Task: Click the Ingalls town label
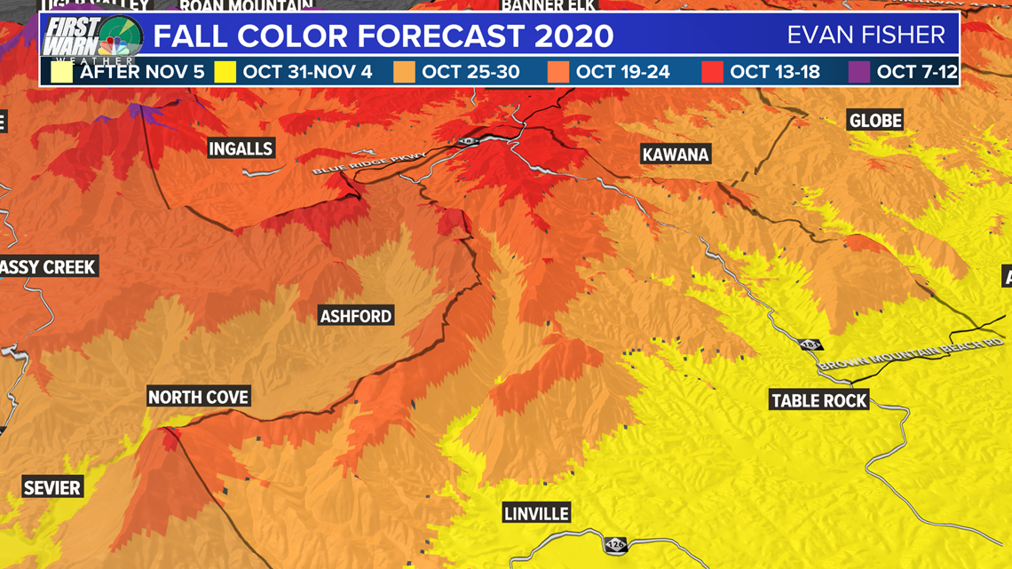click(x=241, y=148)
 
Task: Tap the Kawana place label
click(x=676, y=154)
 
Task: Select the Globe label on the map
click(x=875, y=121)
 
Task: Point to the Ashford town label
click(x=356, y=316)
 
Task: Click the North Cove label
click(x=198, y=397)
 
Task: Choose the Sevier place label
click(x=52, y=487)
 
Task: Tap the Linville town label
click(x=536, y=513)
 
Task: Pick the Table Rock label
click(x=818, y=400)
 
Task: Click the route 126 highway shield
click(x=614, y=544)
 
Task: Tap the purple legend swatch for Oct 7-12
click(x=859, y=72)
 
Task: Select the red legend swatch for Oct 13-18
click(x=712, y=72)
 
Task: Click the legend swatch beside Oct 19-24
click(x=558, y=72)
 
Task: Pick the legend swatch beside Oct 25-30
click(x=404, y=72)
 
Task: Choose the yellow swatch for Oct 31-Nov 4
click(x=225, y=72)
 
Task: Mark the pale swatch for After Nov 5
click(x=62, y=72)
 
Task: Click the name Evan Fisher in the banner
click(x=866, y=36)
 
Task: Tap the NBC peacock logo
click(x=120, y=39)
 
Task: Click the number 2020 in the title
click(x=573, y=36)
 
